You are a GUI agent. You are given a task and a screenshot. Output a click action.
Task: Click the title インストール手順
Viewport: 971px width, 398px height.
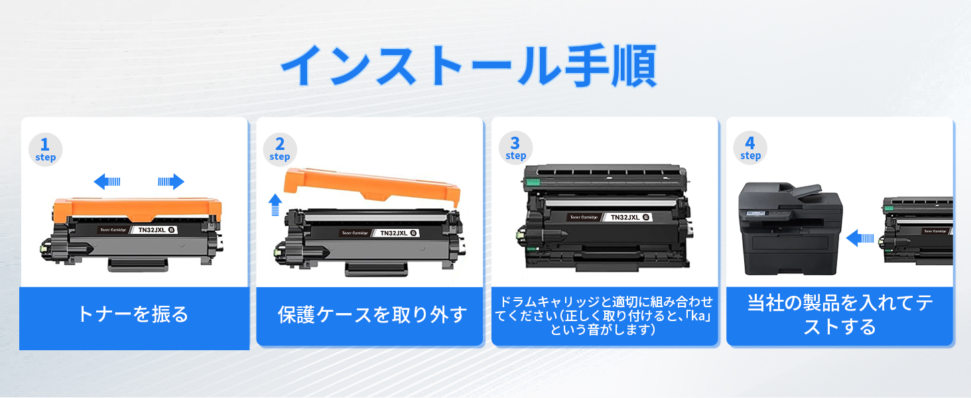(x=468, y=66)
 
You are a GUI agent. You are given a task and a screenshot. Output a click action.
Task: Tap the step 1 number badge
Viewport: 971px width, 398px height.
(x=46, y=149)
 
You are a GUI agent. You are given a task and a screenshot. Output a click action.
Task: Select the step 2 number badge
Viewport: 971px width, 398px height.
(x=279, y=149)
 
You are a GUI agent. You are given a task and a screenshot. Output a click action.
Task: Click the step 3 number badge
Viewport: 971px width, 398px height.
(x=515, y=148)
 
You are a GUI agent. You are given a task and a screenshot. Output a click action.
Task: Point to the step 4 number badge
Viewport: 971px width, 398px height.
(x=750, y=148)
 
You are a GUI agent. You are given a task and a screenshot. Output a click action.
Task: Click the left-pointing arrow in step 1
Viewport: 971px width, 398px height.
(x=107, y=181)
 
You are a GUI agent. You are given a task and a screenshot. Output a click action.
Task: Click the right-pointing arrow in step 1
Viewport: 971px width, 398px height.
(x=170, y=181)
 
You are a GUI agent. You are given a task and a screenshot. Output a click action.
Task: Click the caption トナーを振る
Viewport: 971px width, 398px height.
(x=133, y=314)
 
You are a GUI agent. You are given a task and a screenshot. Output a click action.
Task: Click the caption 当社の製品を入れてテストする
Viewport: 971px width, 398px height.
(x=840, y=315)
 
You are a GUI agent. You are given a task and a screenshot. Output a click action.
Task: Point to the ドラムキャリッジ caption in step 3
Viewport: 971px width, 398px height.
(x=604, y=315)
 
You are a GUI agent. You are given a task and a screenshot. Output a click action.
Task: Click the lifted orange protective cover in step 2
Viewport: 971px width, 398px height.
(x=371, y=188)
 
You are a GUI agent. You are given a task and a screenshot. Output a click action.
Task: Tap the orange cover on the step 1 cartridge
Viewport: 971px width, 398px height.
(x=137, y=209)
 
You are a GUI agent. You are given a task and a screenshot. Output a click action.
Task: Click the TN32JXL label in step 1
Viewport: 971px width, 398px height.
(x=153, y=230)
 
